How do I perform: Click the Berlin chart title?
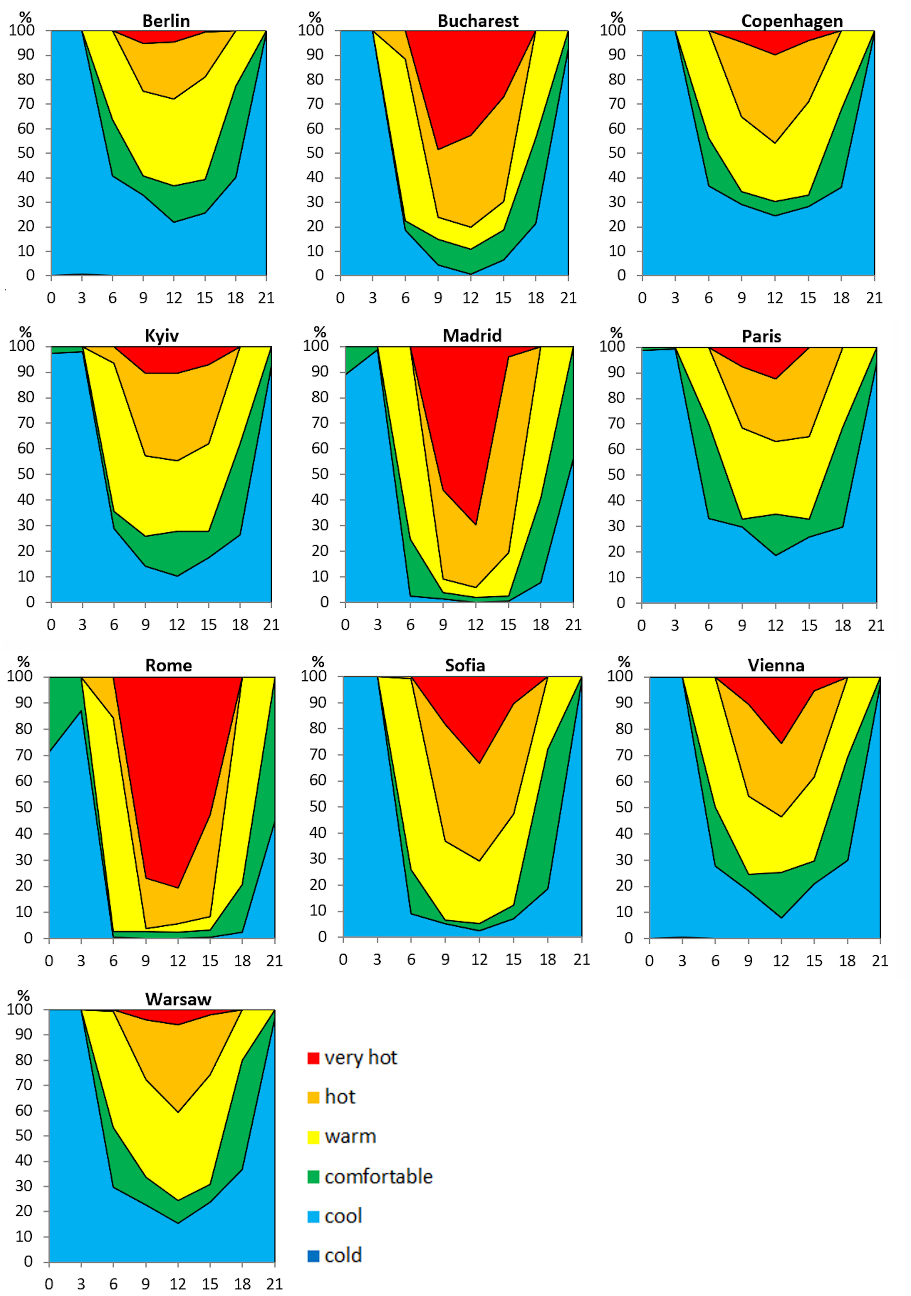click(x=166, y=21)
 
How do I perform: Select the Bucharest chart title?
click(x=478, y=21)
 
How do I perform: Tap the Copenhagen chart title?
click(x=792, y=21)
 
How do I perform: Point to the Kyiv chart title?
click(x=161, y=336)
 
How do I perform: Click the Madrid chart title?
click(x=472, y=336)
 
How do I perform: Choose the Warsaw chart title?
click(x=178, y=999)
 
